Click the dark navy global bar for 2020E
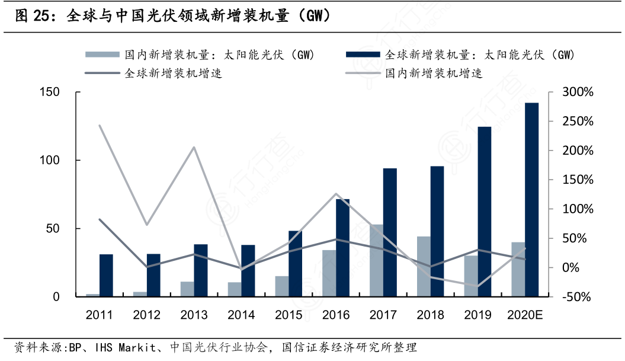coord(531,199)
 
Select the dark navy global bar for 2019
coord(485,212)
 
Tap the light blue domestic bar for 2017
coord(376,260)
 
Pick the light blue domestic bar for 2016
coord(329,273)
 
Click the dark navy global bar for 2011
coord(106,275)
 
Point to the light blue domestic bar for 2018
coord(424,266)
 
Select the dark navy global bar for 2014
coord(248,270)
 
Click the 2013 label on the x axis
coord(194,315)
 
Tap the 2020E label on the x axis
coord(524,315)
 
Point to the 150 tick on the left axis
coord(50,92)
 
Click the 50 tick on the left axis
coord(53,229)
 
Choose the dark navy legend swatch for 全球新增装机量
coord(362,55)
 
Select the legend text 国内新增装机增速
coord(434,74)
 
